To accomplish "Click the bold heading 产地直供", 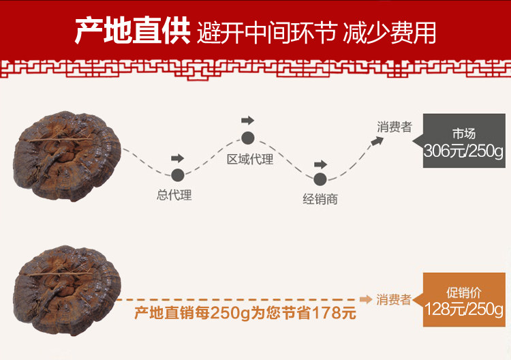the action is click(x=131, y=31).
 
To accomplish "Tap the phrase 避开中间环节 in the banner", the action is click(x=266, y=32).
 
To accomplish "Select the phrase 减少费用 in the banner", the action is click(x=390, y=32).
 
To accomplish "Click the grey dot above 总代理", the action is click(x=178, y=175).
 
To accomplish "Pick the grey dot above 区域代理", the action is click(x=247, y=138).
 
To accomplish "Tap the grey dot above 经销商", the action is click(x=320, y=179).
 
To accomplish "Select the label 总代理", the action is click(x=174, y=196).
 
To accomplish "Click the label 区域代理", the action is click(x=250, y=160).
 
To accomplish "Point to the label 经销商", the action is click(x=320, y=200).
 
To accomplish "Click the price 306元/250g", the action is click(x=463, y=151).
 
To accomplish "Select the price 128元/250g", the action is click(x=463, y=308).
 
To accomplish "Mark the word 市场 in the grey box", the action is click(x=463, y=134).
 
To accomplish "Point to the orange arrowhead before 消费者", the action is click(x=366, y=299).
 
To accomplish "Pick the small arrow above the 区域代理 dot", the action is click(x=247, y=121).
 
